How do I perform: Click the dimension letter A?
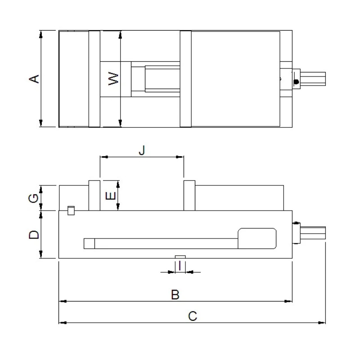pos(34,79)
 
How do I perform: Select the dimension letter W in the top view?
pos(113,78)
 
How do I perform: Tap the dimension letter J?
pos(142,150)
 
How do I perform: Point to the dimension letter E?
pos(111,196)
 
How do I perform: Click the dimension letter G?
pos(33,198)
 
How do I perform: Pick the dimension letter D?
pos(34,234)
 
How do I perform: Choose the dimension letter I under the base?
pos(180,265)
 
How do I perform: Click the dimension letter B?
pos(175,295)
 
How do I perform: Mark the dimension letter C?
pos(193,316)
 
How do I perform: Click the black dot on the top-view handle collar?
pos(296,82)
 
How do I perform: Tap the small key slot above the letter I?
pos(180,256)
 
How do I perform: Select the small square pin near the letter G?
pos(71,211)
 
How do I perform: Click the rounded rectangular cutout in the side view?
pos(257,238)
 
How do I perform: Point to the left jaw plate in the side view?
pos(94,195)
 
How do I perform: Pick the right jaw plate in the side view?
pos(189,195)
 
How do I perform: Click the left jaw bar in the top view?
pos(94,79)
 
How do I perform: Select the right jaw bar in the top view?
pos(186,79)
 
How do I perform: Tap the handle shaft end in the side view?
pos(313,232)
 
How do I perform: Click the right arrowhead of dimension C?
pos(322,323)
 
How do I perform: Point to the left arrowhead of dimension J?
pos(104,157)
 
